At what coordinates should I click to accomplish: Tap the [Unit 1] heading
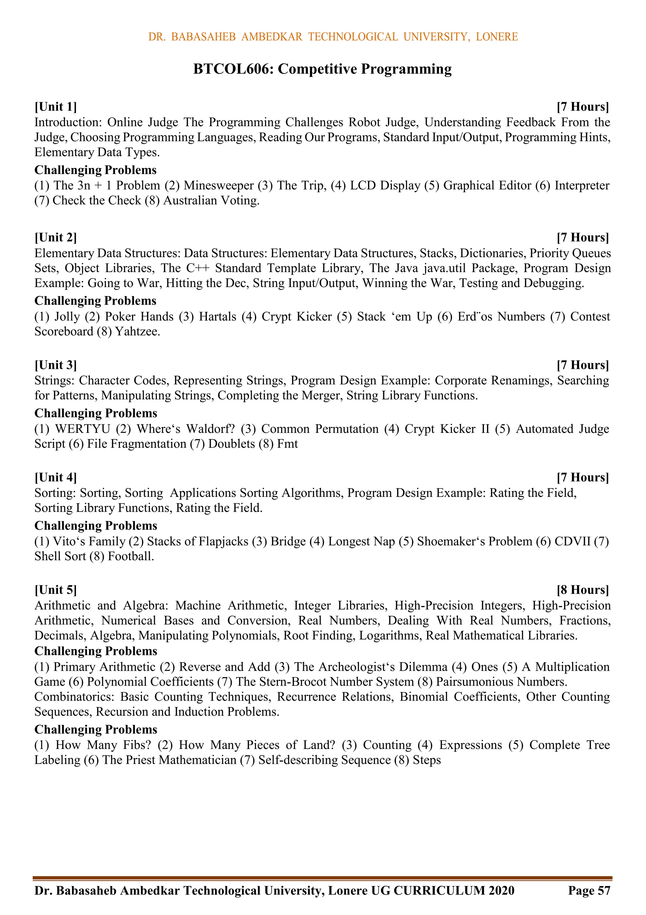click(x=56, y=107)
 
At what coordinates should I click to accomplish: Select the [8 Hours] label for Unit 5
click(x=583, y=590)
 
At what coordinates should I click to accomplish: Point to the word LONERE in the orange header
click(x=496, y=37)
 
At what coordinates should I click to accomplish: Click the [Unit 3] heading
click(x=56, y=365)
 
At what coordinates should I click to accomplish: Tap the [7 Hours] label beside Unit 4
click(x=583, y=477)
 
